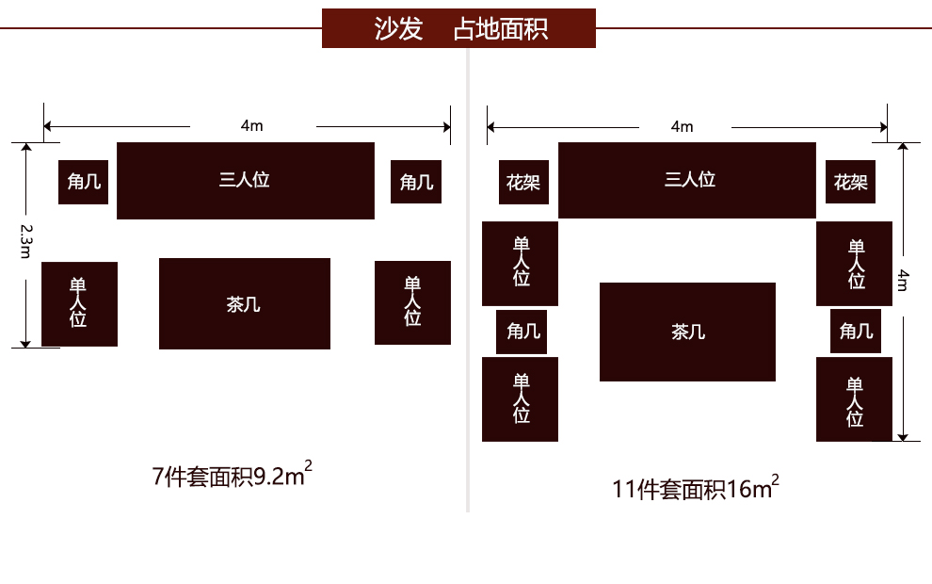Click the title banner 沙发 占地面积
pyautogui.click(x=458, y=28)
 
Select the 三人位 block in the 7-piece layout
pyautogui.click(x=245, y=181)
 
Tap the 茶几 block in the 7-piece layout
pyautogui.click(x=244, y=303)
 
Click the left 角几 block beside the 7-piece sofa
pyautogui.click(x=84, y=182)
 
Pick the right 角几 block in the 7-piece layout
pyautogui.click(x=416, y=182)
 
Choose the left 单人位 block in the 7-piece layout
pyautogui.click(x=79, y=303)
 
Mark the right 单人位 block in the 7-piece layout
pyautogui.click(x=412, y=302)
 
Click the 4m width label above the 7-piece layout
pyautogui.click(x=252, y=125)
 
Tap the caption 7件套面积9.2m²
pyautogui.click(x=232, y=476)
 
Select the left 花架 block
pyautogui.click(x=523, y=182)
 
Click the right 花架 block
pyautogui.click(x=851, y=182)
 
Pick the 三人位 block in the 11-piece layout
pyautogui.click(x=687, y=181)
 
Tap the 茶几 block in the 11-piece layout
pyautogui.click(x=687, y=332)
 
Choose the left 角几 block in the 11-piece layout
pyautogui.click(x=522, y=332)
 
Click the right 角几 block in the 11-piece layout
pyautogui.click(x=856, y=332)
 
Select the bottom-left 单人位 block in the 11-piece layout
pyautogui.click(x=520, y=399)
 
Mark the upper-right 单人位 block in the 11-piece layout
pyautogui.click(x=854, y=264)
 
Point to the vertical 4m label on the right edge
pyautogui.click(x=903, y=280)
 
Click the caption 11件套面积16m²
pyautogui.click(x=696, y=488)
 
